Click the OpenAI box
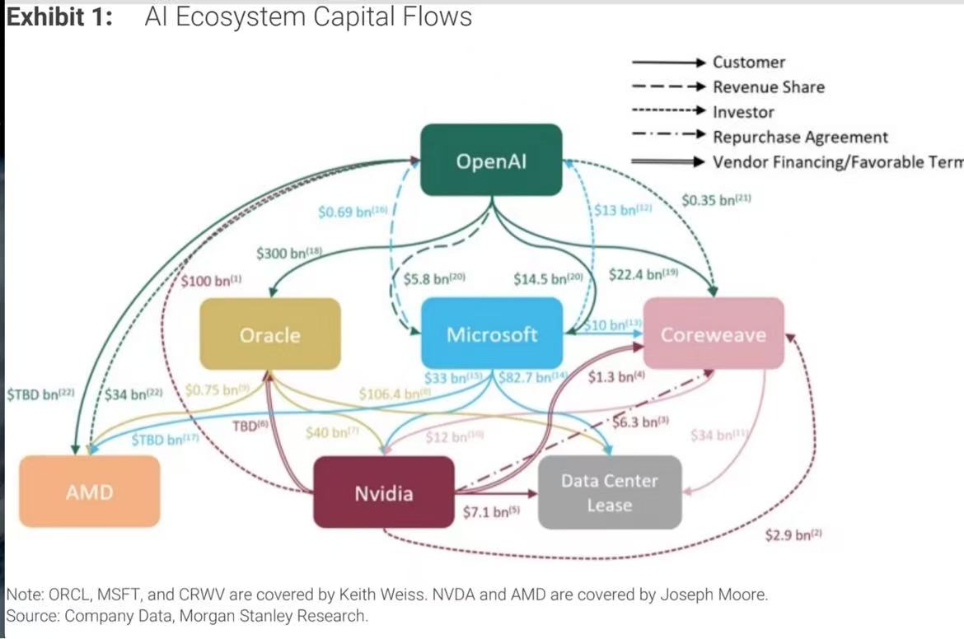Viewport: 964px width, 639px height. (491, 160)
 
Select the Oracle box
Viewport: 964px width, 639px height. (269, 334)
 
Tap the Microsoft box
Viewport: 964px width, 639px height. (492, 333)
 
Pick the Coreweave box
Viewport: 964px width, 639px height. (713, 333)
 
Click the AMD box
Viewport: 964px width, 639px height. (89, 492)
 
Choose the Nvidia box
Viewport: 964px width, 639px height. (383, 492)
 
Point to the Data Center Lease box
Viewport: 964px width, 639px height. (610, 492)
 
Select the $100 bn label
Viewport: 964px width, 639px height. (211, 281)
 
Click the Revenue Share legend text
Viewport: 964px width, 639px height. (768, 87)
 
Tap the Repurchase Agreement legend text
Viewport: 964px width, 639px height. (800, 138)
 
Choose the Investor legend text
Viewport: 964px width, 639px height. (743, 112)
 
